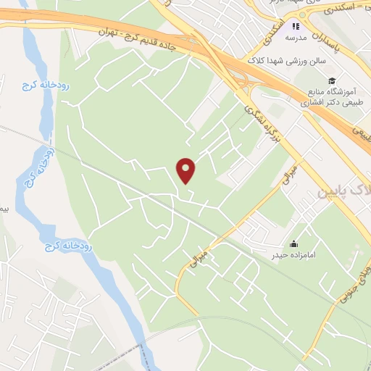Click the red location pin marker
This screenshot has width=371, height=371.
(x=186, y=171)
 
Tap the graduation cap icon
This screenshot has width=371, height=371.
(x=331, y=80)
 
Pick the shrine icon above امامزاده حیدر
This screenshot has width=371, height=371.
(x=293, y=243)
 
